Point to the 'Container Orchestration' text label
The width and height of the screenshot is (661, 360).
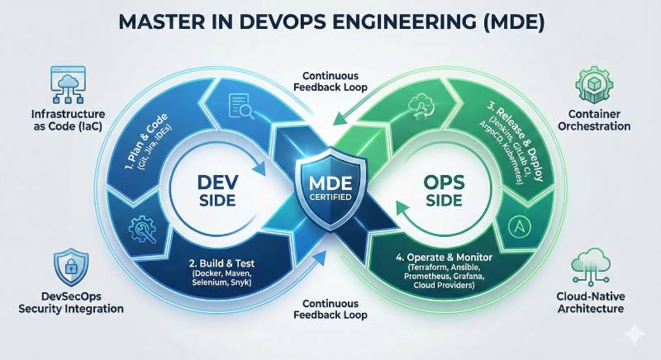(x=594, y=119)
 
